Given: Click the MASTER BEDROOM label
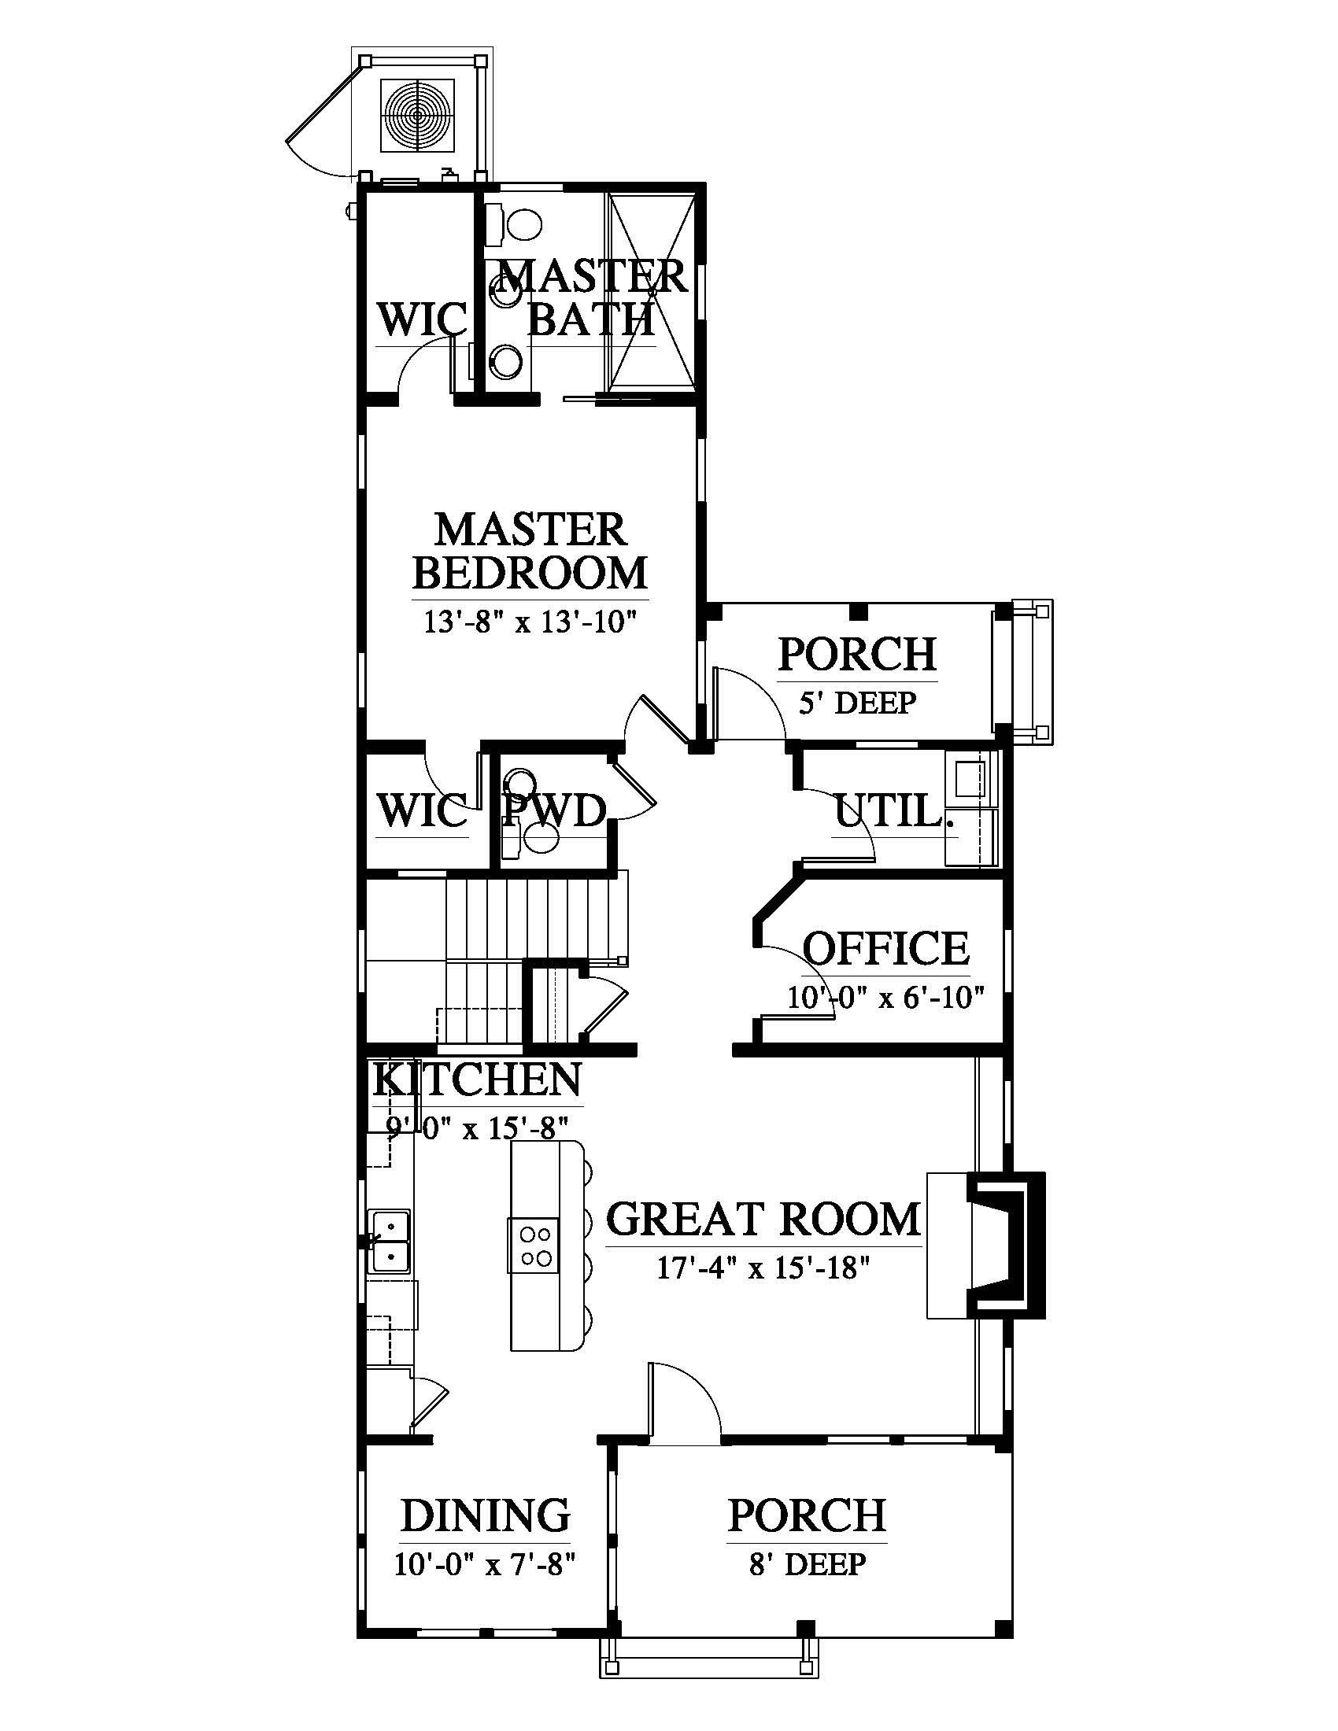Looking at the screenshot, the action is [x=530, y=551].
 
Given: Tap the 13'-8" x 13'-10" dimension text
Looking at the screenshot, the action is [x=530, y=622].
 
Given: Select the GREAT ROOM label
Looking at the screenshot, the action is [x=763, y=1220].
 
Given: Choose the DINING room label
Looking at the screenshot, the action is [x=485, y=1516].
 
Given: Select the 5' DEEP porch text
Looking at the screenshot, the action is [x=857, y=703].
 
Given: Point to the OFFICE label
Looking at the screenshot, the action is [x=885, y=948].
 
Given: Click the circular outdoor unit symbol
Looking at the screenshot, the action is [x=418, y=116].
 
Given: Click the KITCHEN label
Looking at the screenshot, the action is [x=477, y=1080].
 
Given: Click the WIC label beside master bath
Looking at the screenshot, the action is [x=423, y=320].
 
